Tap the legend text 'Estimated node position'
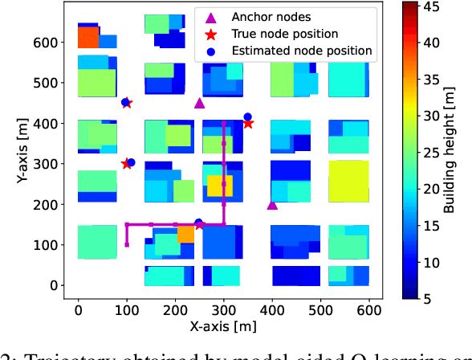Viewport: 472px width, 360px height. coord(302,51)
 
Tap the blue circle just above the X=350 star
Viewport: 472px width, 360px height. coord(247,117)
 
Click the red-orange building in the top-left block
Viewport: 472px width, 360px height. coord(87,36)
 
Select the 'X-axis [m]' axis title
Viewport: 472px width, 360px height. coord(224,328)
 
